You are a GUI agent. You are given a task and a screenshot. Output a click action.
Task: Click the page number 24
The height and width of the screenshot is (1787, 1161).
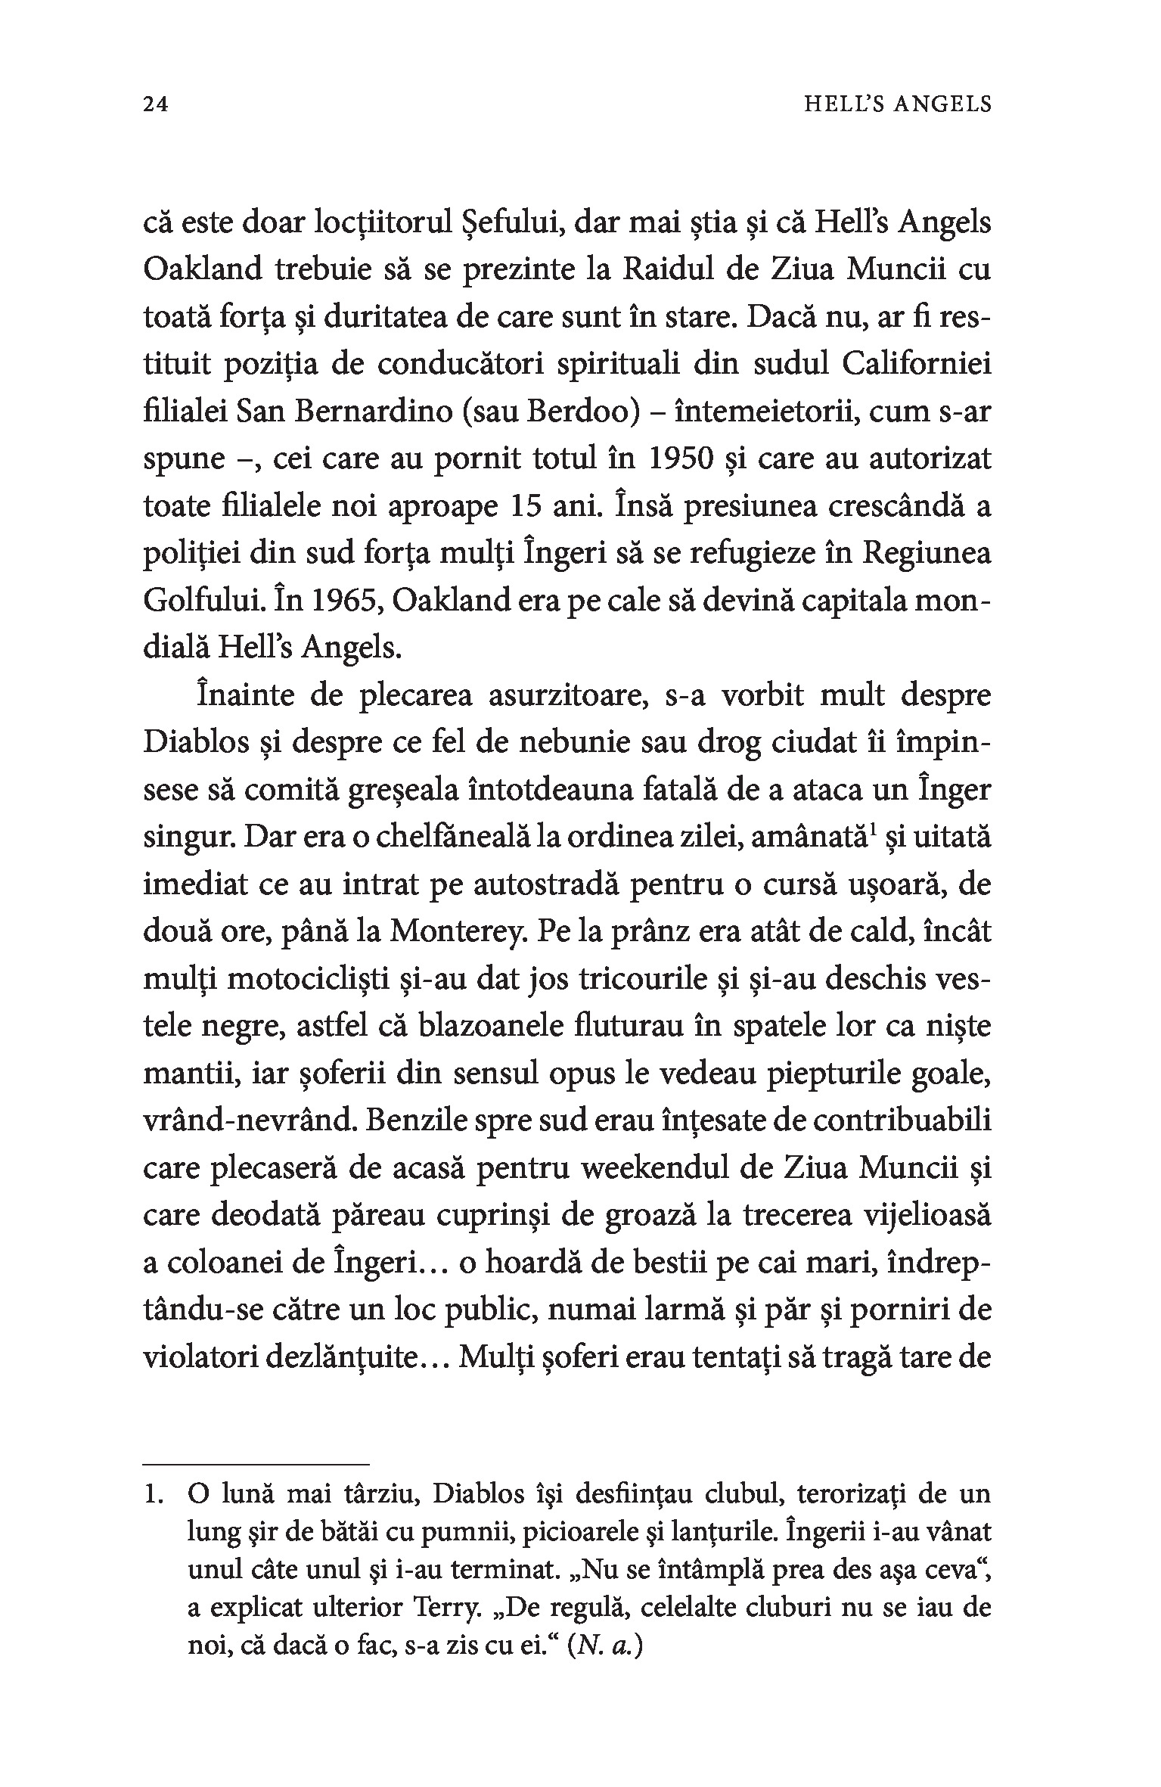click(155, 104)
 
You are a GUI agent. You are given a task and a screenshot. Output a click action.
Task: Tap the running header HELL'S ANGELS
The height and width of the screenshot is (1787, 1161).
click(896, 104)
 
